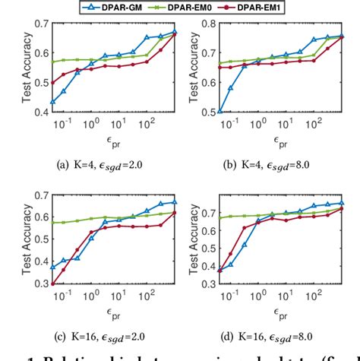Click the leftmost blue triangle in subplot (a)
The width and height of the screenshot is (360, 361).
point(52,101)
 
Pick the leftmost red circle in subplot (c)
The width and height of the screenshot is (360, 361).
point(52,284)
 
